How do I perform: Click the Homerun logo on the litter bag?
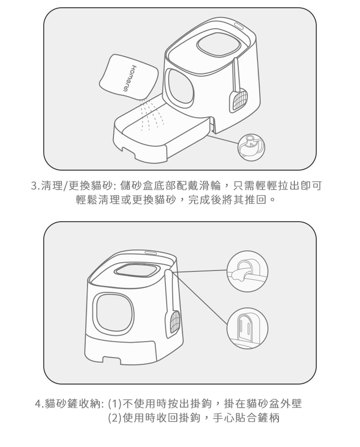[x=129, y=78]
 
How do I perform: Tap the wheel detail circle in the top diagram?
[x=251, y=147]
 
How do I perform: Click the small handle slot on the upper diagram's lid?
[x=239, y=26]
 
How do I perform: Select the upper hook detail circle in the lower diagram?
[x=247, y=271]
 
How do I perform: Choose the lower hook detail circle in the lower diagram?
[x=247, y=328]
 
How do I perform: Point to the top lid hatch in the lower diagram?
[x=136, y=271]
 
